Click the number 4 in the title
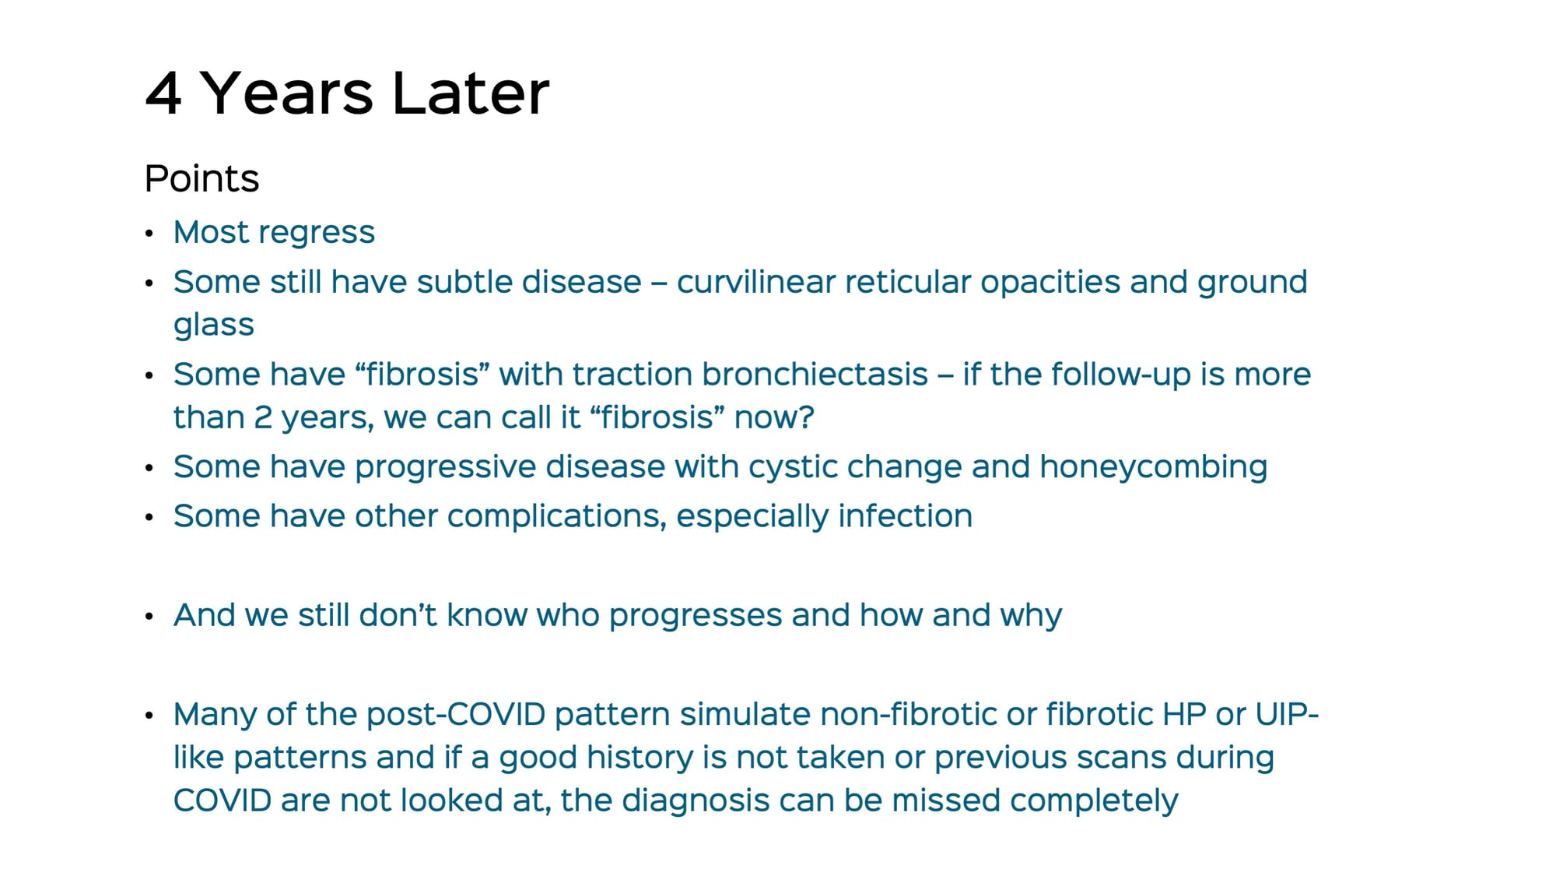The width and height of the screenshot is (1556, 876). pos(164,93)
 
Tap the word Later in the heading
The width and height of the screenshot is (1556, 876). pos(471,93)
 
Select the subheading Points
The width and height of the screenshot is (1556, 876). pos(202,178)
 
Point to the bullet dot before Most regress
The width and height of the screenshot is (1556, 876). pos(149,234)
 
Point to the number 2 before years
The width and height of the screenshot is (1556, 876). pos(263,418)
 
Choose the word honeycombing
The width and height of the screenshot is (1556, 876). pos(1154,467)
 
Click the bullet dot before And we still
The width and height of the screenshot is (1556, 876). pos(149,617)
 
